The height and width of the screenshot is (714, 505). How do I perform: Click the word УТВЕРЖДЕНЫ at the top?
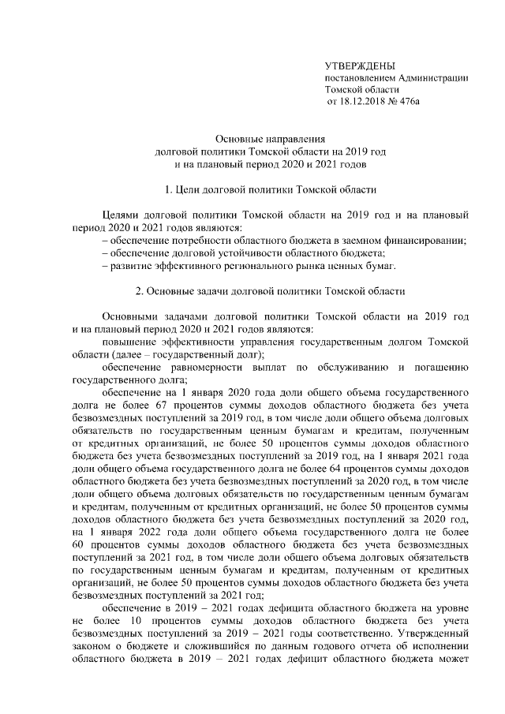360,66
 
